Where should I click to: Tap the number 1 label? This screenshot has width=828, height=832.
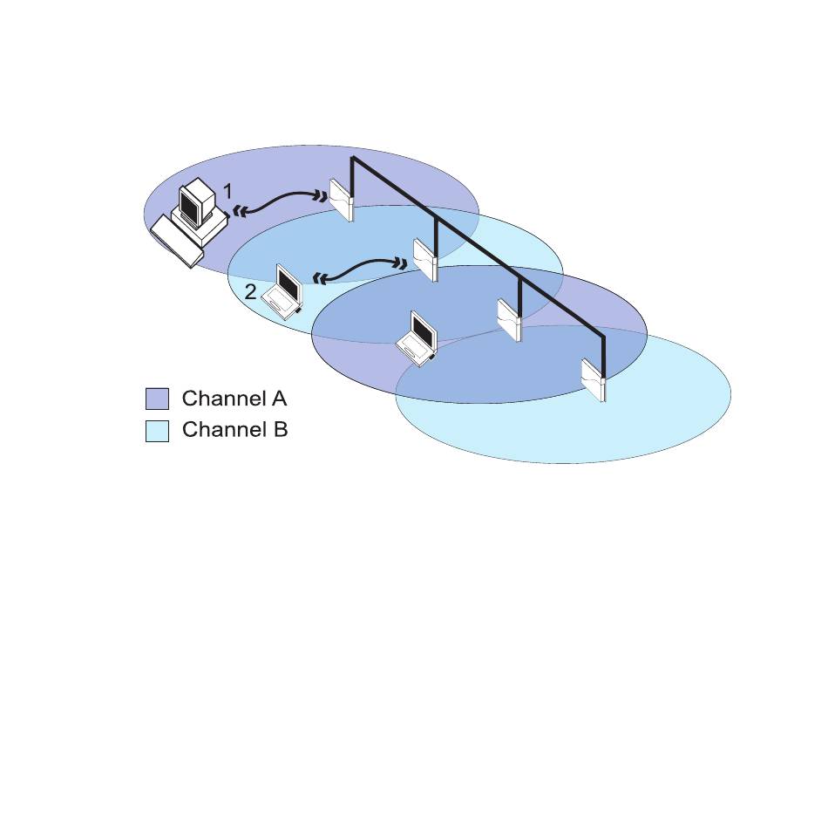(x=228, y=190)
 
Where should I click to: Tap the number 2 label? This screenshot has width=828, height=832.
(x=250, y=293)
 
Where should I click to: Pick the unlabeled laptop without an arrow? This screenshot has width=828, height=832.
(x=418, y=338)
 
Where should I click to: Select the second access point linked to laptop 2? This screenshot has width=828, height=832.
(x=424, y=258)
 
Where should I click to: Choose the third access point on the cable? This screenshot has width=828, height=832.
(x=509, y=318)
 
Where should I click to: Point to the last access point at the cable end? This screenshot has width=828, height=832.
(x=594, y=378)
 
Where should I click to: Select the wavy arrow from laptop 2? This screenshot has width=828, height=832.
(x=360, y=269)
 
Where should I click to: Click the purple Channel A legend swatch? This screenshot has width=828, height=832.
(x=157, y=399)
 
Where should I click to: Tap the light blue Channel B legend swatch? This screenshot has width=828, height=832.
(x=157, y=431)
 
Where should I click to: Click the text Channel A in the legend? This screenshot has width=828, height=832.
(x=234, y=399)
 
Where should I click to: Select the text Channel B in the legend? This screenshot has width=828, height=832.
(x=234, y=430)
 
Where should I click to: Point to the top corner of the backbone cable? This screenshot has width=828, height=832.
(x=352, y=159)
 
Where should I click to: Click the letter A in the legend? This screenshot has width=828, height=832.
(x=279, y=399)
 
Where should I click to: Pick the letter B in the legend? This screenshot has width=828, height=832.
(x=279, y=430)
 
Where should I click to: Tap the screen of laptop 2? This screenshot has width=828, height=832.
(x=286, y=281)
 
